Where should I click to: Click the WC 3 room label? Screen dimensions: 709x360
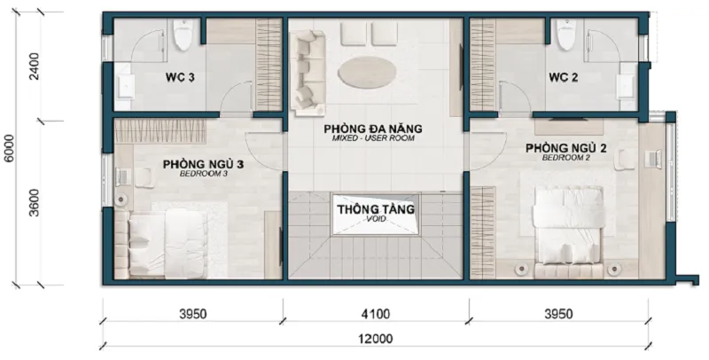[x=180, y=77]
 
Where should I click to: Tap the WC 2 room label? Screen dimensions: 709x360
[x=563, y=77]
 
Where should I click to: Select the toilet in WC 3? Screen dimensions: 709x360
[x=183, y=35]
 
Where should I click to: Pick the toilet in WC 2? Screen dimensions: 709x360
[x=565, y=35]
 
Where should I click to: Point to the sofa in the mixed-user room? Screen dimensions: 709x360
[x=308, y=73]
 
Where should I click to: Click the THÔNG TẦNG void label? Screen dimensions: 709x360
[x=375, y=209]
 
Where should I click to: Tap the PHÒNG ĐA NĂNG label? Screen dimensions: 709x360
[x=373, y=129]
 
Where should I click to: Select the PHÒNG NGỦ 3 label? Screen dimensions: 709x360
[x=204, y=164]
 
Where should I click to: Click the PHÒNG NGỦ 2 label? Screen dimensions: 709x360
[x=565, y=148]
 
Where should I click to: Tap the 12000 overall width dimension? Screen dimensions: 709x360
[x=376, y=339]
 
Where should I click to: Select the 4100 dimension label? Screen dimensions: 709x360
[x=376, y=313]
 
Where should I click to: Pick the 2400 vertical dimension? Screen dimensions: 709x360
[x=35, y=66]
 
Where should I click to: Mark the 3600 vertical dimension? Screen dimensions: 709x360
[x=35, y=203]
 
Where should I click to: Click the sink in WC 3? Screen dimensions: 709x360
[x=124, y=86]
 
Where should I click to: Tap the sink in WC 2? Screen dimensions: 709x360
[x=627, y=86]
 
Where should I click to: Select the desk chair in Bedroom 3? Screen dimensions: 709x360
[x=144, y=176]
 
